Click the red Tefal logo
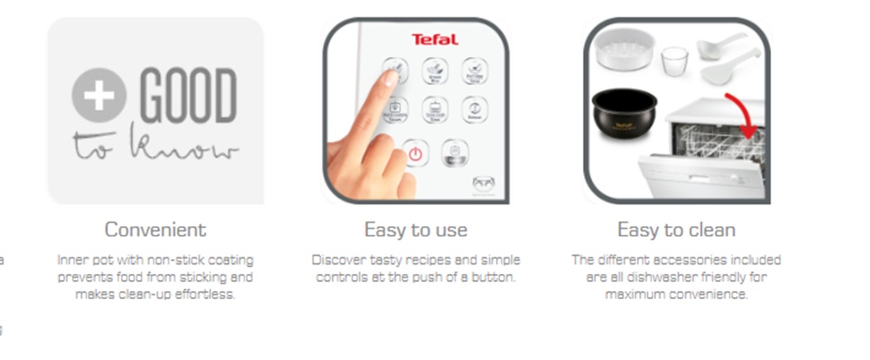click(x=434, y=39)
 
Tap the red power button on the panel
click(x=415, y=154)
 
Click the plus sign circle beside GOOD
click(x=99, y=94)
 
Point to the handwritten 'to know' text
click(x=155, y=145)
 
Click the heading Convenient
click(x=155, y=230)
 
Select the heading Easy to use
click(x=415, y=230)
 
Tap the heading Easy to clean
click(x=676, y=230)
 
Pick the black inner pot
click(x=625, y=112)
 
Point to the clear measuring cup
click(x=673, y=61)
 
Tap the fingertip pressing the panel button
click(x=388, y=78)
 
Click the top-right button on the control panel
click(x=474, y=69)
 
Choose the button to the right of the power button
click(x=454, y=153)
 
